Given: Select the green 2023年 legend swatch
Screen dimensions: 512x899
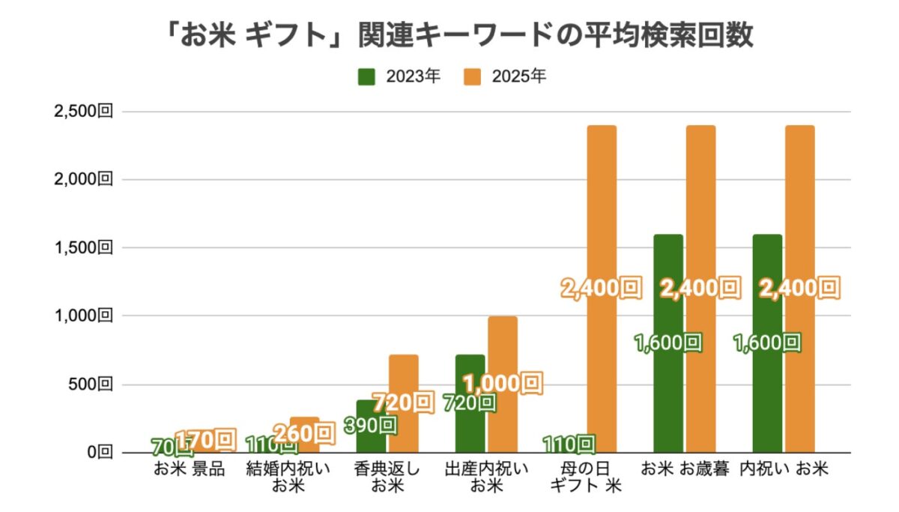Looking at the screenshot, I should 367,77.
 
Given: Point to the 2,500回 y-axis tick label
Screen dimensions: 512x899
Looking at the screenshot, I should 82,112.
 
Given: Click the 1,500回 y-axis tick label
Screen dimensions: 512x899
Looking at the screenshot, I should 82,248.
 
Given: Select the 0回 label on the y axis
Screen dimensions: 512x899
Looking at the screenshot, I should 100,453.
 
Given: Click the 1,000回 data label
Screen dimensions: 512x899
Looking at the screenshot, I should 502,384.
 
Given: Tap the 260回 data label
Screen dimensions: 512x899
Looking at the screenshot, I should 303,433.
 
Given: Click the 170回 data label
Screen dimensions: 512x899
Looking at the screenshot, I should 205,439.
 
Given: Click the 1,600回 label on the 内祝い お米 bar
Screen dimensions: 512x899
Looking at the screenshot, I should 767,343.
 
